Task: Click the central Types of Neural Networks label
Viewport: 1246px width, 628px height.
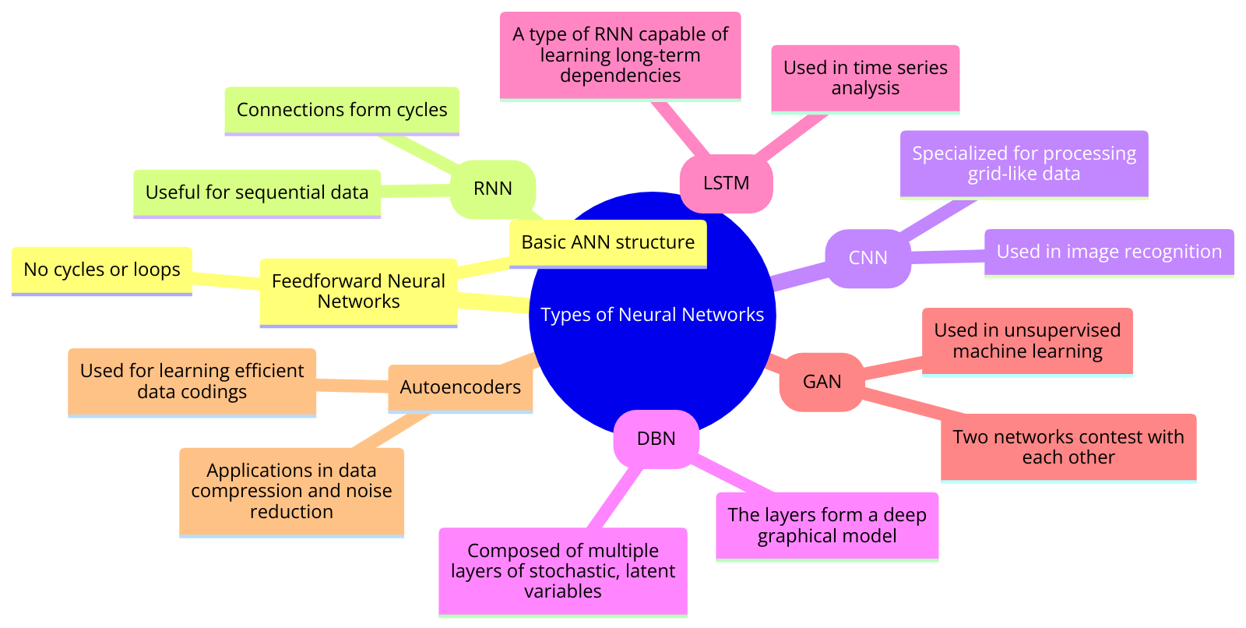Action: [652, 315]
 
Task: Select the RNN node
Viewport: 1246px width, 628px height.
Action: [492, 189]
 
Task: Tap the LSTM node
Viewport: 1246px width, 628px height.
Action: [726, 183]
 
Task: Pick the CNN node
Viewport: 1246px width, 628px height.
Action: [868, 258]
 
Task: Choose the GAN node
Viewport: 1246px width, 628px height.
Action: [822, 382]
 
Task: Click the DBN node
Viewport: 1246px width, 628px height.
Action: [656, 439]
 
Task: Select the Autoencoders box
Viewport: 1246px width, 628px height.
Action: [460, 387]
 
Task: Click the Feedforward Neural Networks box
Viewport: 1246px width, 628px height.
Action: [358, 291]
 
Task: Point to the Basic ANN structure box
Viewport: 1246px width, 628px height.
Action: [607, 242]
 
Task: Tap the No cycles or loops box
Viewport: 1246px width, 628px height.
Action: [102, 270]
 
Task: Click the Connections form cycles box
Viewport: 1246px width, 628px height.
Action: [342, 110]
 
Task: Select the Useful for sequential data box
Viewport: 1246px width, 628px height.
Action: [257, 192]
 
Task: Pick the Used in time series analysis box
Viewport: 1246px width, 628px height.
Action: [865, 78]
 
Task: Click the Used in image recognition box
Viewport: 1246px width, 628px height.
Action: [1109, 252]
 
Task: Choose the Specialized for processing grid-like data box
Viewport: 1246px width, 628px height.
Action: [1024, 164]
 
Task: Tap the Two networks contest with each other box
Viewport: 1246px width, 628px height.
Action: [1068, 447]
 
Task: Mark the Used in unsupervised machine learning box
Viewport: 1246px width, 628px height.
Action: [1027, 340]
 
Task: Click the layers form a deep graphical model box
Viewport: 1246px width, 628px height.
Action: [827, 525]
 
